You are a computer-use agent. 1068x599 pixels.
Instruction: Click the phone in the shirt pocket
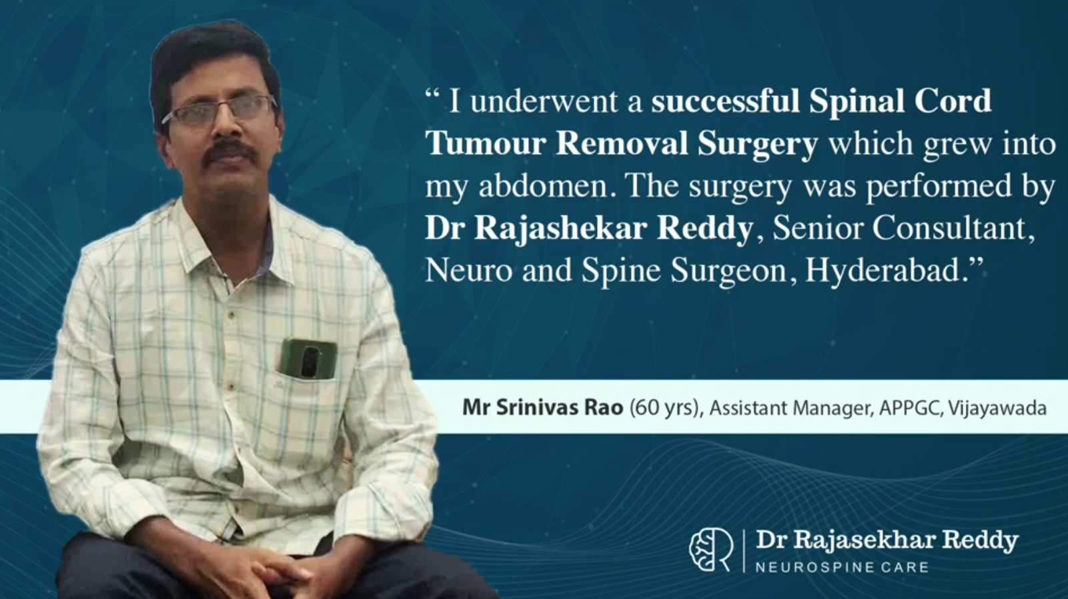[x=308, y=358]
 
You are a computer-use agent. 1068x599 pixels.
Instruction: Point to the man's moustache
[x=229, y=151]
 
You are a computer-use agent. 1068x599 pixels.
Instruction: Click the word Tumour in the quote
[x=486, y=143]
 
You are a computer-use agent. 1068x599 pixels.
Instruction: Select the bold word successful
[x=725, y=101]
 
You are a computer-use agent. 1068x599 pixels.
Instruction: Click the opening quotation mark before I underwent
[x=432, y=93]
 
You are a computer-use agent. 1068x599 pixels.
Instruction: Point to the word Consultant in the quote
[x=953, y=228]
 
